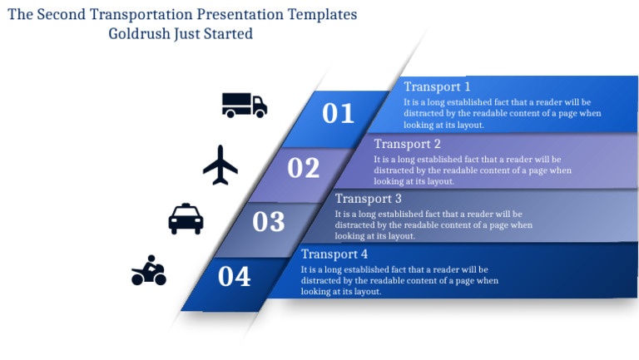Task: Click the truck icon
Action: tap(244, 105)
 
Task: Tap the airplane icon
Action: tap(220, 165)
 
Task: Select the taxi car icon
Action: tap(186, 219)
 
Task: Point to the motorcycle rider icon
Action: tap(149, 271)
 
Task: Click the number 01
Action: tap(338, 113)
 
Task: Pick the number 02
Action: tap(304, 168)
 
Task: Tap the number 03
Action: tap(269, 222)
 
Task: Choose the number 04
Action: tap(234, 277)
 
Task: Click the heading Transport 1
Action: tap(437, 86)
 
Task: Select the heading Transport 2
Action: tap(407, 144)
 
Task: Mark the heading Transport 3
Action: tap(368, 199)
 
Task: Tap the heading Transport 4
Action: tap(334, 254)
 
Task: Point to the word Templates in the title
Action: tap(319, 15)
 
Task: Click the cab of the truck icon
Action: tap(259, 105)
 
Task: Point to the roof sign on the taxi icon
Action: tap(186, 206)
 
